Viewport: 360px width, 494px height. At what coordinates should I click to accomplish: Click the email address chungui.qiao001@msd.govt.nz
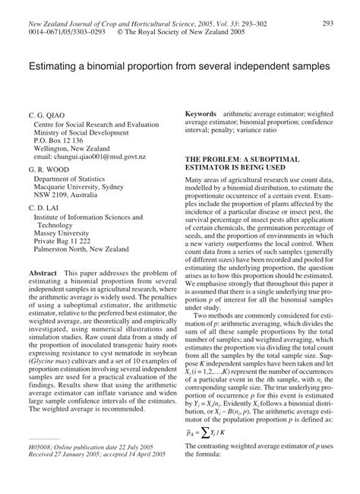pos(94,152)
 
